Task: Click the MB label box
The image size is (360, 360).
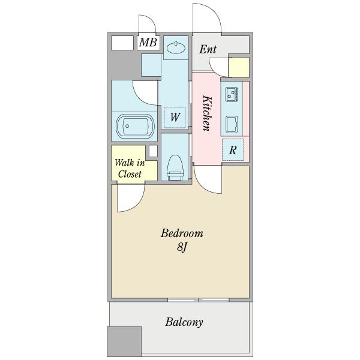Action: coord(148,43)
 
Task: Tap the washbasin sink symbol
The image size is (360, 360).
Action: coord(176,48)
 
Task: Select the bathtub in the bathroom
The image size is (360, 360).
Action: coord(135,126)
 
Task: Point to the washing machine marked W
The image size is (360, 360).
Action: coord(175,118)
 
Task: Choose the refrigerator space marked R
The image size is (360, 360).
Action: coord(233,150)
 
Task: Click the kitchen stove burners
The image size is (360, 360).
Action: coord(232,94)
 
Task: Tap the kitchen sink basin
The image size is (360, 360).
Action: coord(232,125)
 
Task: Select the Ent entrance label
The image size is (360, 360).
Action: coord(208,49)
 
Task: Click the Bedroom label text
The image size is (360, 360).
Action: coord(182,233)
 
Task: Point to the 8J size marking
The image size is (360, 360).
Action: coord(182,247)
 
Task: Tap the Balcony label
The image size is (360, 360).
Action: coord(184,322)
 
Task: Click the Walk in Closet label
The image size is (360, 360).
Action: coord(130,169)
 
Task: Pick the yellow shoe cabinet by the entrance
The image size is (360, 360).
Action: coord(239,67)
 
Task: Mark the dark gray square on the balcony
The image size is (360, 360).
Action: coord(124,341)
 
